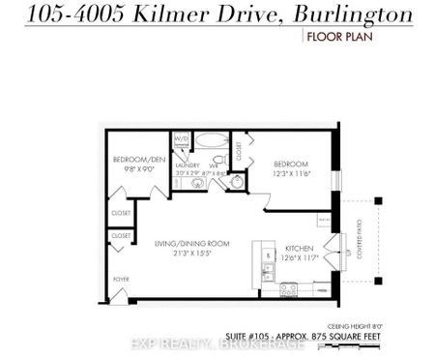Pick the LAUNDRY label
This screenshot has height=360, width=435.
[x=187, y=165]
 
